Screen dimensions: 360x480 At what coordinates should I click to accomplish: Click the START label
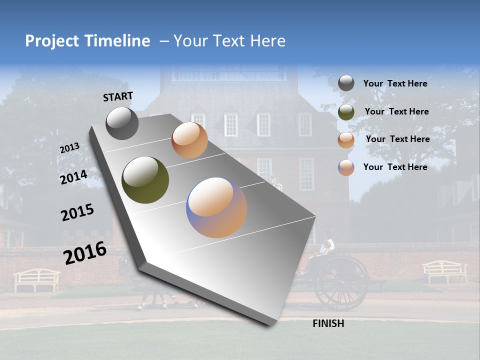[x=118, y=96]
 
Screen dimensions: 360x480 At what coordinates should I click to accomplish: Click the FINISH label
[x=328, y=323]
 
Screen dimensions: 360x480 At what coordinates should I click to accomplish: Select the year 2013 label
[x=69, y=147]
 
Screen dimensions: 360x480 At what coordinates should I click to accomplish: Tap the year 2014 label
[x=73, y=177]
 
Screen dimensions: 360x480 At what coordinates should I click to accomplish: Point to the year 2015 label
[x=77, y=212]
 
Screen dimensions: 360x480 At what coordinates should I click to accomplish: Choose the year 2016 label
[x=85, y=253]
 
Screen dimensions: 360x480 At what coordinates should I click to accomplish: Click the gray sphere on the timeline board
[x=122, y=123]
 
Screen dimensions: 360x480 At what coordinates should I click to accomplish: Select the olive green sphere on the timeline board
[x=145, y=180]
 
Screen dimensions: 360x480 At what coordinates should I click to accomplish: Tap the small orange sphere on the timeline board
[x=189, y=140]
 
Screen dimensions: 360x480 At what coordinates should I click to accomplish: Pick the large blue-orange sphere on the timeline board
[x=216, y=207]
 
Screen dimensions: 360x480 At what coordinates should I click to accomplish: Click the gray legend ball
[x=346, y=83]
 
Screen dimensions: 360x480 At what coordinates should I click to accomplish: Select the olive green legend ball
[x=346, y=112]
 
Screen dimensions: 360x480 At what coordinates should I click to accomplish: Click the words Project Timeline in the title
[x=87, y=41]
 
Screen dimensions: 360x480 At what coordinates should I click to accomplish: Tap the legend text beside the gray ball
[x=395, y=83]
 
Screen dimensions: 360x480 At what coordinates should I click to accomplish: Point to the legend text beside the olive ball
[x=396, y=111]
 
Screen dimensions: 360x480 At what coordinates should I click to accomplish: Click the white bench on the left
[x=36, y=279]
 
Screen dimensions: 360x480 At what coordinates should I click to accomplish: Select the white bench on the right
[x=444, y=271]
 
